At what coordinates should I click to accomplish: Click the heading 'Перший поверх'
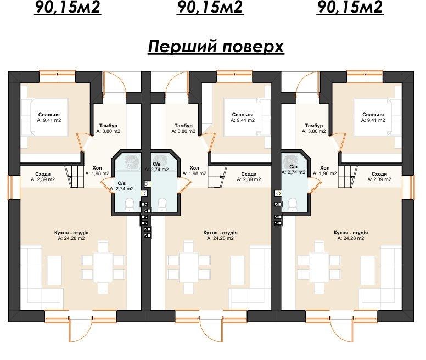click(216, 47)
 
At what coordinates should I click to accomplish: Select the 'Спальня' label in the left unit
click(49, 115)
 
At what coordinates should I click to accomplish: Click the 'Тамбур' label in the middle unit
click(183, 126)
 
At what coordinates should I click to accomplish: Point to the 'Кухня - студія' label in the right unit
click(351, 233)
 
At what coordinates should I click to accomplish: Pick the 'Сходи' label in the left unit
click(43, 174)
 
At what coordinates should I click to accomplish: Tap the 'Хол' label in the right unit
click(324, 168)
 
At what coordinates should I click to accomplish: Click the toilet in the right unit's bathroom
click(293, 204)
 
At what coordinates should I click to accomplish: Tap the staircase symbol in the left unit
click(74, 177)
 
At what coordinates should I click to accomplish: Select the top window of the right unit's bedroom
click(365, 73)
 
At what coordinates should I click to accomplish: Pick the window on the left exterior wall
click(10, 188)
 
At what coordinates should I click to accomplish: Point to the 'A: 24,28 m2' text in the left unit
click(71, 238)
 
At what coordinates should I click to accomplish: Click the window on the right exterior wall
click(412, 188)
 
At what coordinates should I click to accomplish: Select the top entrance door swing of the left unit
click(115, 82)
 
